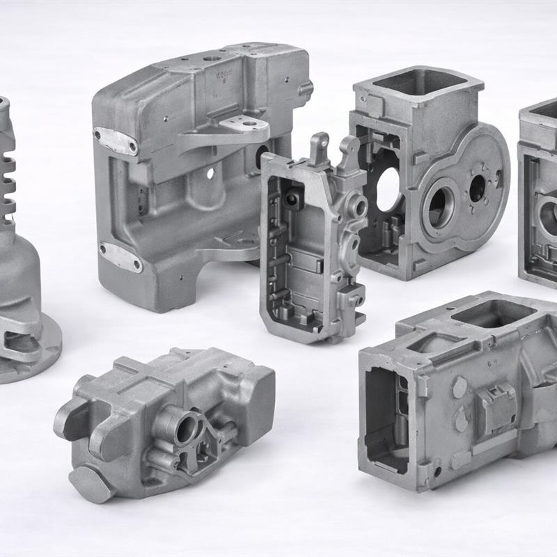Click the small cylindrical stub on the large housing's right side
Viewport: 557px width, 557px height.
(x=306, y=88)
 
